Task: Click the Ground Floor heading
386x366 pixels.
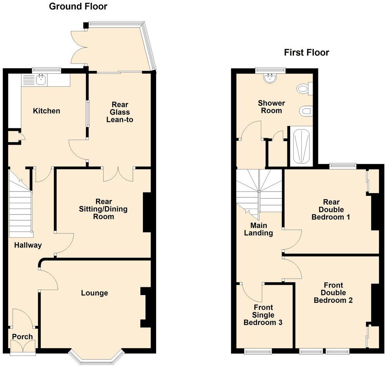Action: tap(78, 7)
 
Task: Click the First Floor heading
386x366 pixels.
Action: tap(306, 52)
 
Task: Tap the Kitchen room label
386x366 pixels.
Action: tap(47, 111)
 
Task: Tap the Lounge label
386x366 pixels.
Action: tap(94, 293)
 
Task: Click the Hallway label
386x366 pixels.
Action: tap(28, 245)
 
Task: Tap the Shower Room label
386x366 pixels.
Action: tap(271, 107)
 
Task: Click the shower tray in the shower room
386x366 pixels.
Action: tap(302, 147)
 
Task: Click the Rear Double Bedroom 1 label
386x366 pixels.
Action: tap(331, 209)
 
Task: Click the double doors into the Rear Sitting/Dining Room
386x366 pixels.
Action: tap(118, 173)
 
